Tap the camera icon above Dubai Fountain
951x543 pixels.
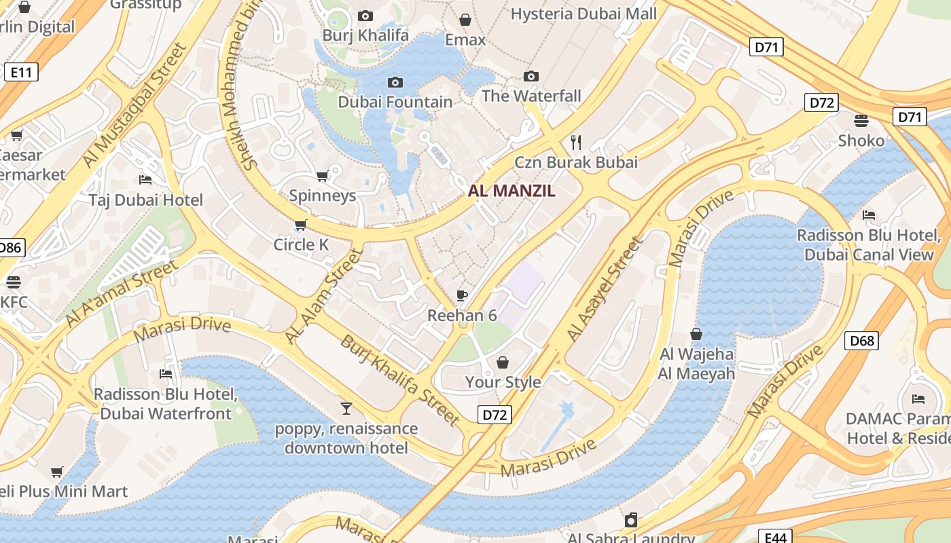pos(395,83)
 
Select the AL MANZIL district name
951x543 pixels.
pos(512,191)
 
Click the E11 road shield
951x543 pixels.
pos(20,72)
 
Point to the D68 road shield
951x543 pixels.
pos(861,340)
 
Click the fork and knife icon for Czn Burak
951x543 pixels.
pos(576,142)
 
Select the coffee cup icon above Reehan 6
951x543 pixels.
pos(462,295)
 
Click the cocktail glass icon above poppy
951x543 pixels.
pos(346,408)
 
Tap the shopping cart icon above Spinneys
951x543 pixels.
pos(322,176)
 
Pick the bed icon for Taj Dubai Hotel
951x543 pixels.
pos(145,180)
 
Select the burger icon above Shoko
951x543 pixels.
pos(861,121)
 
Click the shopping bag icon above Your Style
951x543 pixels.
pos(503,362)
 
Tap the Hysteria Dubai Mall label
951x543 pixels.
pos(584,14)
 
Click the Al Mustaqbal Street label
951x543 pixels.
pos(134,105)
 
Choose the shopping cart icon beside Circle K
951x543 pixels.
pos(300,225)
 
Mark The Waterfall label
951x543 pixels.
pos(531,96)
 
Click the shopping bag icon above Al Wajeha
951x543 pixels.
pos(696,334)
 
